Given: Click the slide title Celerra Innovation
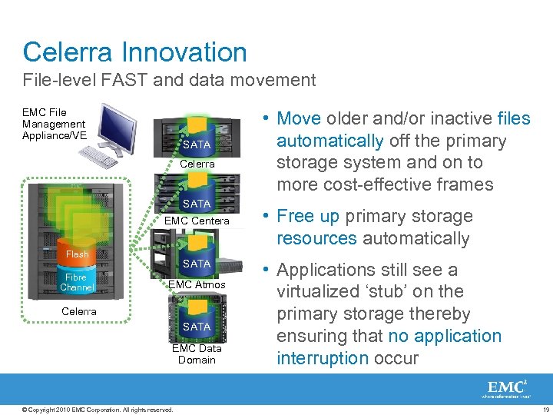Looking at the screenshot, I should tap(135, 52).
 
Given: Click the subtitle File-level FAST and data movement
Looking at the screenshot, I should tap(169, 79).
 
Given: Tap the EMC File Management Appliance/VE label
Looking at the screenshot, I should tap(55, 124).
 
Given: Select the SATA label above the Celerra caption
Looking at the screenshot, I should tap(197, 144).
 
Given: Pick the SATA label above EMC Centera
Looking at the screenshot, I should tap(197, 204).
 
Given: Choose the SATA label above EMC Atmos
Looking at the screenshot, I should tap(197, 264).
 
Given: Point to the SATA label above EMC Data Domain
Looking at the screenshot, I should tap(197, 327).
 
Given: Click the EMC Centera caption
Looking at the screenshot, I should tap(197, 221).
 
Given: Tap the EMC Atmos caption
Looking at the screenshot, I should tap(197, 285).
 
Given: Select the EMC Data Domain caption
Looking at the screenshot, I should tap(197, 354).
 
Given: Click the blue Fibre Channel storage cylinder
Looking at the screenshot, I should tap(77, 282).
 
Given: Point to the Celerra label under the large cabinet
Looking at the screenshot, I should tap(79, 311).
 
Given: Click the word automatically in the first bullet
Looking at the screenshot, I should tap(329, 141).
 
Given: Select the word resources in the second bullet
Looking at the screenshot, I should tap(316, 238).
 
